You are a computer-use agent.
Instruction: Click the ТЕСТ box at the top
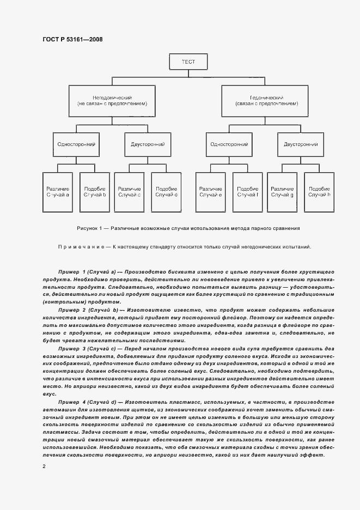(188, 62)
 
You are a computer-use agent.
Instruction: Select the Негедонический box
(112, 99)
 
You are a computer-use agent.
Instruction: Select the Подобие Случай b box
(95, 191)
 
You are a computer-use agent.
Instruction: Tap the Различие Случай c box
(130, 191)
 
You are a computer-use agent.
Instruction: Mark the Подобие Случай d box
(166, 191)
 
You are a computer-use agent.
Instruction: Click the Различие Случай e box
(211, 191)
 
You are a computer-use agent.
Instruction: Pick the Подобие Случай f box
(248, 191)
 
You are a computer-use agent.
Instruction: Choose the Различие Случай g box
(282, 191)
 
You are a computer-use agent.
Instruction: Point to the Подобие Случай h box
(319, 191)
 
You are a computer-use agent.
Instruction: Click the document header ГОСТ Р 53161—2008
(72, 39)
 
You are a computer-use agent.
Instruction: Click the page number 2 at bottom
(44, 466)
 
